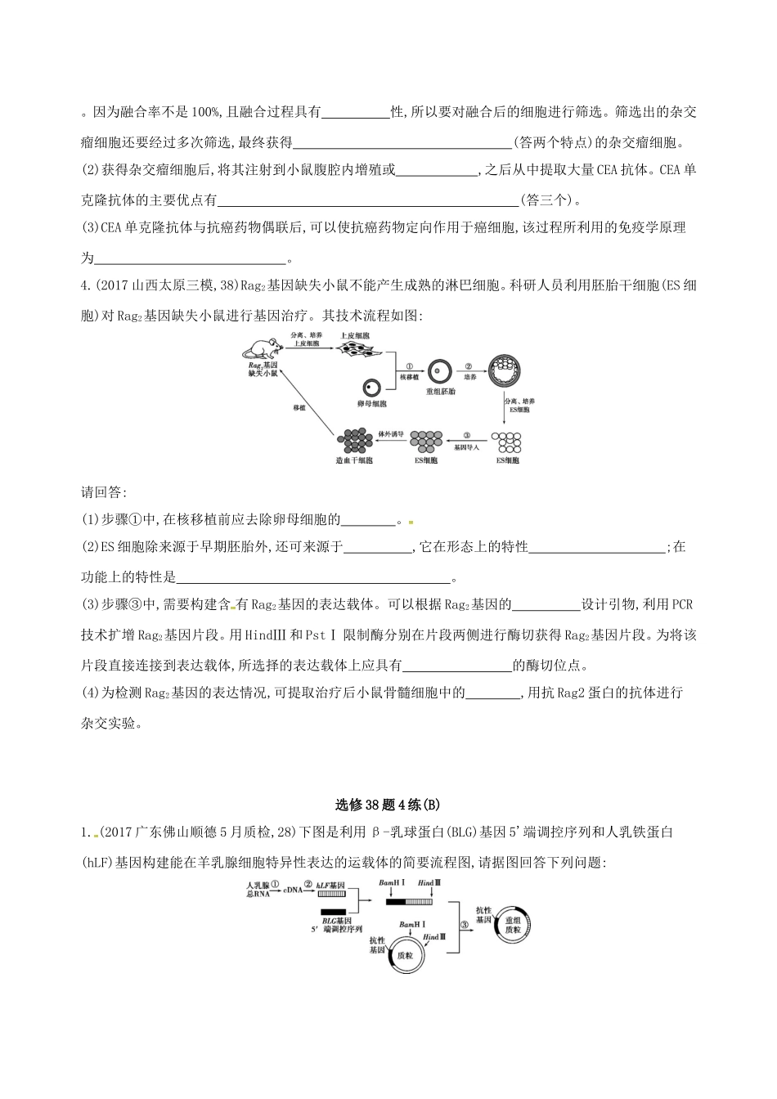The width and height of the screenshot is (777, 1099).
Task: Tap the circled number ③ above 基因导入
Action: [x=466, y=436]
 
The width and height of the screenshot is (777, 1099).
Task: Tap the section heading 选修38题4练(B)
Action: [x=388, y=804]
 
